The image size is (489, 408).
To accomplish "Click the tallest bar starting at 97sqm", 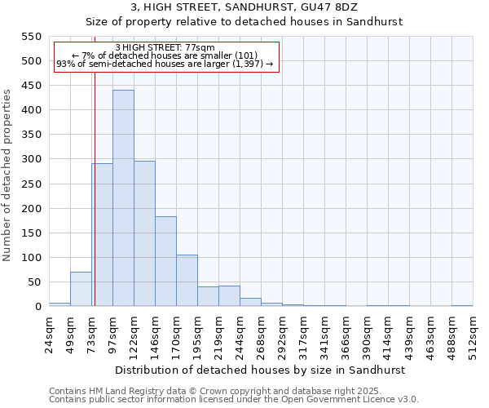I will coord(123,198).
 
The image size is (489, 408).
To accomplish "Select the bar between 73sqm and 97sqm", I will coord(103,235).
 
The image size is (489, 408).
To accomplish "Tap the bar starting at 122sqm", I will coord(144,233).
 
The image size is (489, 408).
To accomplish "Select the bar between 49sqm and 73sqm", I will coord(81,289).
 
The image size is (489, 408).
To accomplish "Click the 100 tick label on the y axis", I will coord(30,258).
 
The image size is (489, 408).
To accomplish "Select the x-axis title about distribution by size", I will coord(261,370).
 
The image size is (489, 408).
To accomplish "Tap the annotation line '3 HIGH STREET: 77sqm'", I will coord(165,48).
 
